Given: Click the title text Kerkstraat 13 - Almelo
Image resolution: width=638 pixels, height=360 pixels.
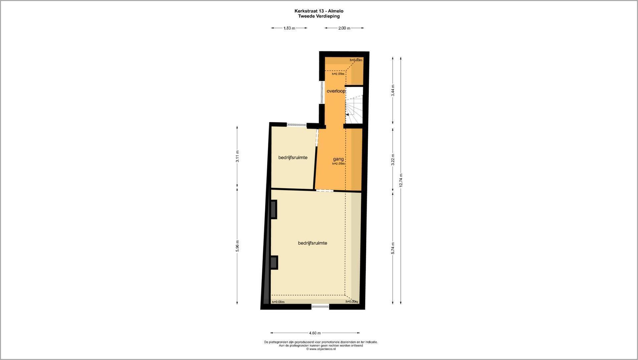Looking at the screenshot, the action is click(319, 11).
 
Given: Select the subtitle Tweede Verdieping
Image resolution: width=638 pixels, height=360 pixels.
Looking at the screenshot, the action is click(319, 16).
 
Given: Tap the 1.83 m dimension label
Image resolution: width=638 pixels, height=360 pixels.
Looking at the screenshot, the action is click(289, 28).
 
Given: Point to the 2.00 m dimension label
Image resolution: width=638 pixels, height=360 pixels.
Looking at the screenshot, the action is click(344, 28).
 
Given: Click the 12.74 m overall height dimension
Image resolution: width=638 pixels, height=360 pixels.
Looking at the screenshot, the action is click(401, 180).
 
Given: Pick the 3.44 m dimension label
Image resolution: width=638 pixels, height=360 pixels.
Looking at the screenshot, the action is click(393, 90).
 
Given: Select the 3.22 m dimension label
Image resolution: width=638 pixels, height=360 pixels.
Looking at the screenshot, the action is click(393, 159).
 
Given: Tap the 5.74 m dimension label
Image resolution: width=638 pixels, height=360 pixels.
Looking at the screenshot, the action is click(393, 248).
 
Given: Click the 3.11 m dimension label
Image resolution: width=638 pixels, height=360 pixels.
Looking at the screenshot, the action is click(237, 156).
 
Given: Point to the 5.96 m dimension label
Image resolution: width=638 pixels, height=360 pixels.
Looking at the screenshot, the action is click(237, 246).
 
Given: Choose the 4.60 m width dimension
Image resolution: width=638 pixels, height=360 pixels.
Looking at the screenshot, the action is click(315, 333).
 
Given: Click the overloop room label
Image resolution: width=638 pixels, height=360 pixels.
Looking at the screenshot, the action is click(336, 91).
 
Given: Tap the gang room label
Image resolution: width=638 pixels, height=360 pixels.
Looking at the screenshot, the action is click(338, 159).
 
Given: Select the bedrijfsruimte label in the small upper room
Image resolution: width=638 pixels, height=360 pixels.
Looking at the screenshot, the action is click(293, 157).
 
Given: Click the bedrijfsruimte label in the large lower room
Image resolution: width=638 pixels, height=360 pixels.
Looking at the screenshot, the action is click(312, 243).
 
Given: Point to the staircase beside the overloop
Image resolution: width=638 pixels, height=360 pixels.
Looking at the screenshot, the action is click(354, 105).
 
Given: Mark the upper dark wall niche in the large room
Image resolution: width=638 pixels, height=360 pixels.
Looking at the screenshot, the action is click(274, 210).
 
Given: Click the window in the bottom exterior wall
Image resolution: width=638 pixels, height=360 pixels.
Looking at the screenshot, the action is click(320, 307).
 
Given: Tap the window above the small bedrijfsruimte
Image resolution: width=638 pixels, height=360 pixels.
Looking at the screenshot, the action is click(296, 125).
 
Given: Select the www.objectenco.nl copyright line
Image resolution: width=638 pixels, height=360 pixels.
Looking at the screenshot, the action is click(321, 349).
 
